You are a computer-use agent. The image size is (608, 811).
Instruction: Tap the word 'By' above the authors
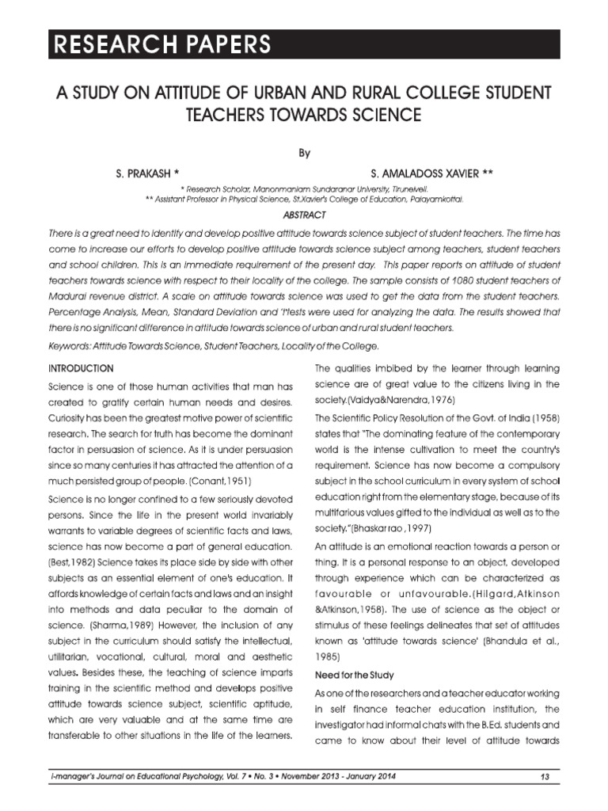[x=304, y=154]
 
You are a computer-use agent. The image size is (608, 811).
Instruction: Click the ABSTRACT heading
[x=304, y=215]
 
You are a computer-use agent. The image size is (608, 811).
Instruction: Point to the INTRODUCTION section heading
[x=81, y=368]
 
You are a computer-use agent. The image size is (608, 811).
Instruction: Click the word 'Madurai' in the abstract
[x=69, y=295]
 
